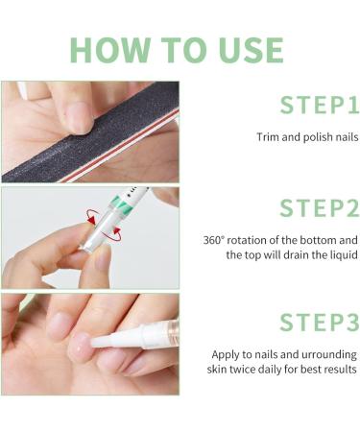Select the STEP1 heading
(x=320, y=105)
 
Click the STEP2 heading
(x=320, y=208)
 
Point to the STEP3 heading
(x=320, y=322)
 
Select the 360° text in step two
(x=214, y=240)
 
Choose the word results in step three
(x=340, y=370)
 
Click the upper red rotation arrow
(x=92, y=216)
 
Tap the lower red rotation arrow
(x=118, y=233)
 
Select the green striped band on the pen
(x=118, y=203)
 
